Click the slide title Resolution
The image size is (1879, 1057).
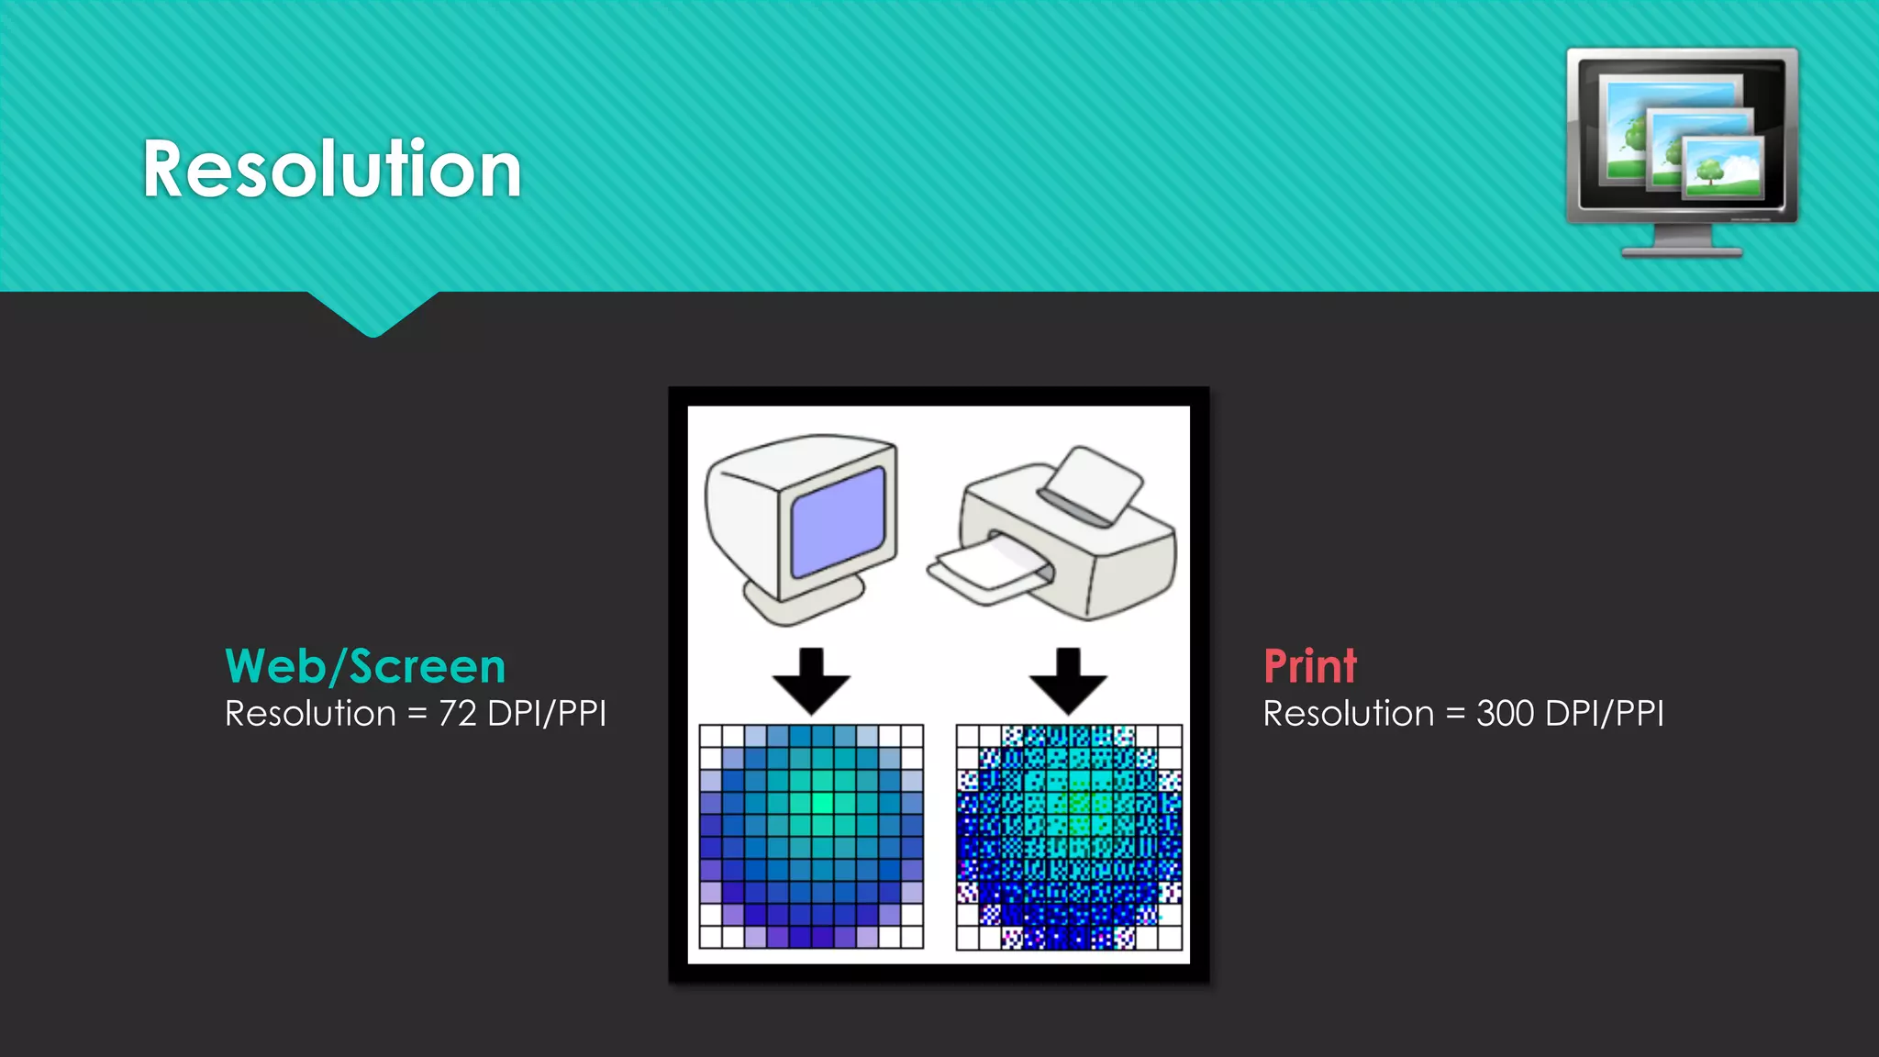point(332,170)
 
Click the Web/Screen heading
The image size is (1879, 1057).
point(365,666)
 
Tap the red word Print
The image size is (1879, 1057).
point(1309,666)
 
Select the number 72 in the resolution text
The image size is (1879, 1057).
point(457,714)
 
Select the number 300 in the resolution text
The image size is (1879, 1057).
point(1505,714)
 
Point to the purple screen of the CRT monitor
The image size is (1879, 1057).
point(838,521)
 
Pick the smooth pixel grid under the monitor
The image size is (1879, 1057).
point(811,836)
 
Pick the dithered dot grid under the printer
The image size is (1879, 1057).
point(1069,836)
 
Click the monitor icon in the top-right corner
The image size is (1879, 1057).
point(1682,138)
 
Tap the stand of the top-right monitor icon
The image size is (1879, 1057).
point(1682,244)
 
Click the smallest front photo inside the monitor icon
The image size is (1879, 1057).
point(1723,167)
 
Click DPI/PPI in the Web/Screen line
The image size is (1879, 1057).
point(547,714)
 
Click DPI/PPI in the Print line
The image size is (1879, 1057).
point(1604,714)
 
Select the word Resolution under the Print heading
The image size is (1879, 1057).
point(1348,714)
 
